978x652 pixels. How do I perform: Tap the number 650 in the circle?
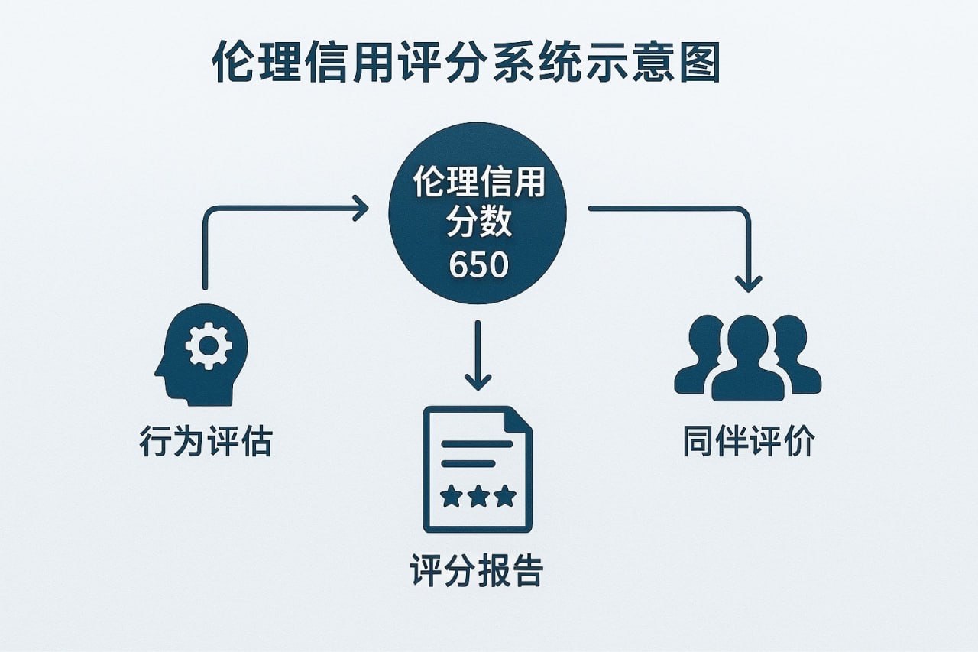pos(478,265)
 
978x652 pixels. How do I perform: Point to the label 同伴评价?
pos(749,443)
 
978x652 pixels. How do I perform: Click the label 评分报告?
pos(477,571)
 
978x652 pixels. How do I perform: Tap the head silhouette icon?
pos(200,355)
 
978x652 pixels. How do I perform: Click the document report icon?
pos(478,469)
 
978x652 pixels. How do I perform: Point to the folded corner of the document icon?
pos(519,420)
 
